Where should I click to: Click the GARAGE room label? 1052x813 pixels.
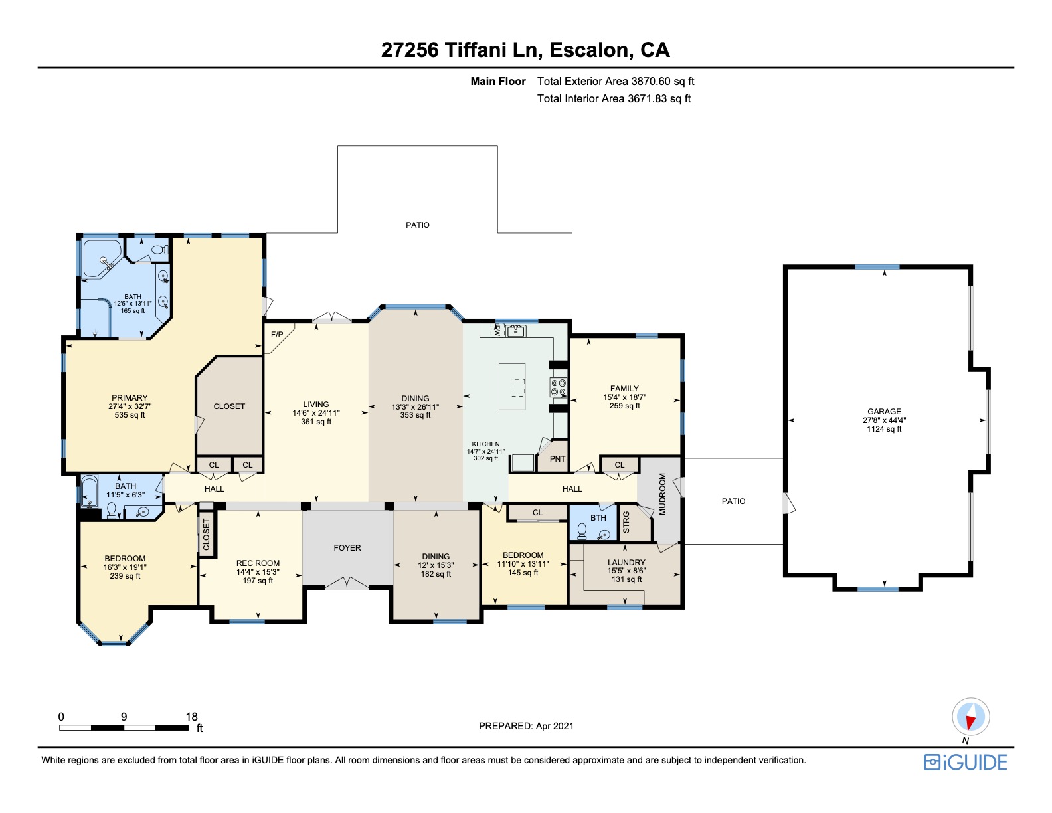coord(884,412)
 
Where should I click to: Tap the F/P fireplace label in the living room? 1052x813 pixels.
coord(277,335)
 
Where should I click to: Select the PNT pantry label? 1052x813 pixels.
coord(557,458)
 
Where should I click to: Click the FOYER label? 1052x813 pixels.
coord(347,548)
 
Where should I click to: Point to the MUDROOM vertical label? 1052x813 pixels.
coord(663,494)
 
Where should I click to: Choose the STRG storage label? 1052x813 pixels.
coord(626,522)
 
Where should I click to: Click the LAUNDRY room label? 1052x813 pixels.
coord(626,562)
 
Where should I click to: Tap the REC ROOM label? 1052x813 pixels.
coord(258,563)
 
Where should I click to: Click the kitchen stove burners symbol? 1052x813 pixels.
coord(558,387)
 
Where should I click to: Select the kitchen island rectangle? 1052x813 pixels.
coord(511,387)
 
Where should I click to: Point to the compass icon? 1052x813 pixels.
coord(971,717)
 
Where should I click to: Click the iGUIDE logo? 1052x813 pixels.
coord(965,763)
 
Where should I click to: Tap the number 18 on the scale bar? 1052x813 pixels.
coord(192,717)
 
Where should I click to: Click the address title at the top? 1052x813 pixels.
coord(525,50)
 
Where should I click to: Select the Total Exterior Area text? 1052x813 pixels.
coord(615,81)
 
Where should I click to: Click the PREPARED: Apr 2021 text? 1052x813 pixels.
coord(526,726)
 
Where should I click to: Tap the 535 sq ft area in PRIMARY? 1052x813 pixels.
coord(130,415)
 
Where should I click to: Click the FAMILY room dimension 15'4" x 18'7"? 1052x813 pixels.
coord(624,397)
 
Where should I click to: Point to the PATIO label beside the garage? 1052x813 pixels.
coord(733,501)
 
